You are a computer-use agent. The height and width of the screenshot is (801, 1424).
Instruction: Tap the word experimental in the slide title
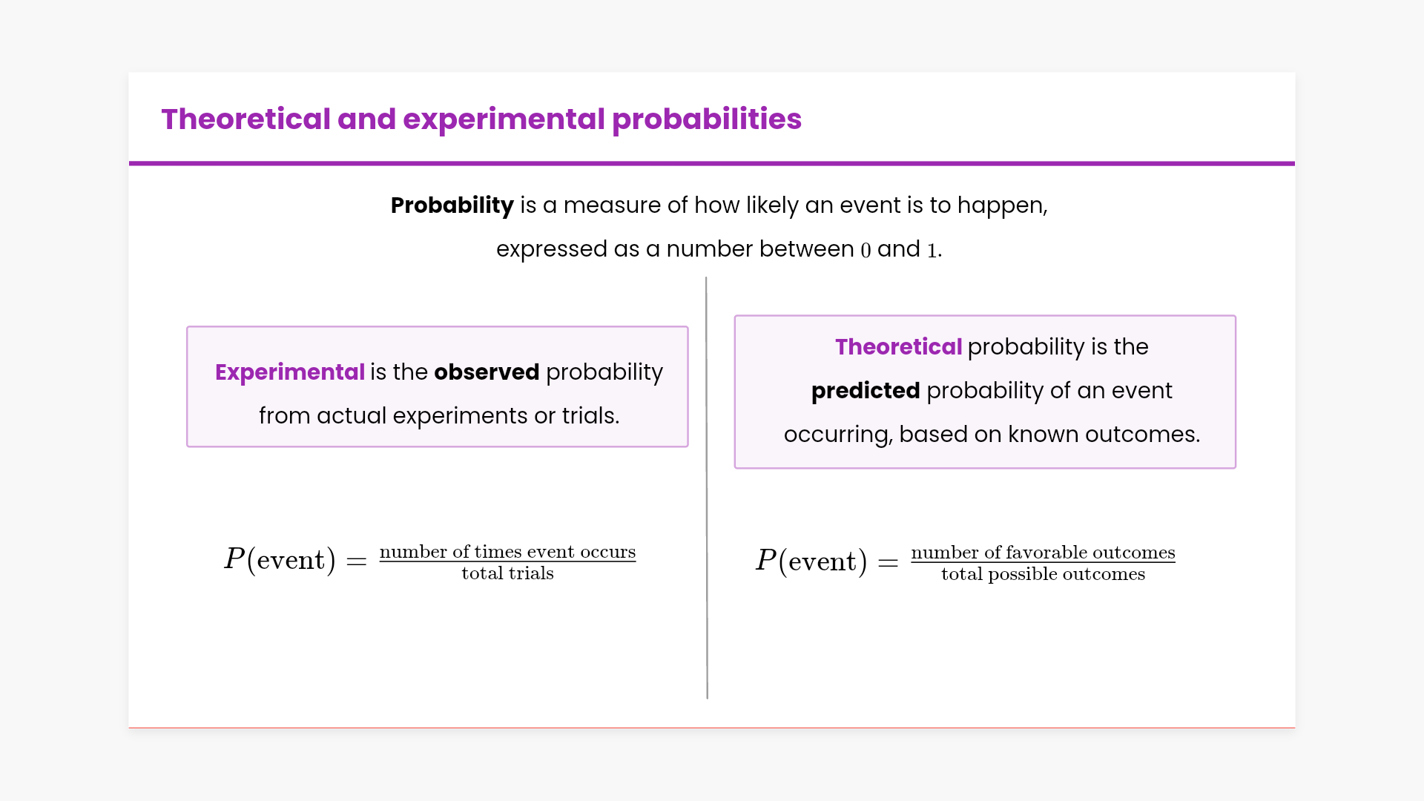click(504, 120)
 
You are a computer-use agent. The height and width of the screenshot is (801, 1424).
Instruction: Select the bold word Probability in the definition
click(452, 205)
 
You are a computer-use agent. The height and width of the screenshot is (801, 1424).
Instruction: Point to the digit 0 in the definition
click(866, 250)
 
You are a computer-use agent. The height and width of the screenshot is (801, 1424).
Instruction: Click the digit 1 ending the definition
click(932, 250)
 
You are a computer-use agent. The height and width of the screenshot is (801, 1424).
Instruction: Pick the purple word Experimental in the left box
click(289, 372)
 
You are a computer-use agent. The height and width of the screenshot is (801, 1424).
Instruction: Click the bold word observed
click(487, 372)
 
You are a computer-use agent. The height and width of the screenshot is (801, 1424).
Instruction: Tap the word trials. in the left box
click(590, 415)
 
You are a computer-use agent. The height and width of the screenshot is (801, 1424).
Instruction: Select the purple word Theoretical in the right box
click(898, 346)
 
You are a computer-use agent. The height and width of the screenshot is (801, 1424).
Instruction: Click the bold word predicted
click(866, 391)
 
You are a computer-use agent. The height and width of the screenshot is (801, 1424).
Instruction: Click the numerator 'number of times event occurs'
click(508, 552)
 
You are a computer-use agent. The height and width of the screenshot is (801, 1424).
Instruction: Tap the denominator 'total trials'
click(508, 573)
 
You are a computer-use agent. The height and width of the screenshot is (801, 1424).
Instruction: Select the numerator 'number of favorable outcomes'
click(1044, 553)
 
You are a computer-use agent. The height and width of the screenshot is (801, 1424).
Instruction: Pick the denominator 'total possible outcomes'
click(1044, 574)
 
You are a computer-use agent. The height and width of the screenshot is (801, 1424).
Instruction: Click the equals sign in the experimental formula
click(357, 561)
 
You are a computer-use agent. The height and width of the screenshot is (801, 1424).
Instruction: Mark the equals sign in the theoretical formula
click(889, 563)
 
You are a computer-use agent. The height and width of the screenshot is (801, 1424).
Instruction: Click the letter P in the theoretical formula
click(765, 560)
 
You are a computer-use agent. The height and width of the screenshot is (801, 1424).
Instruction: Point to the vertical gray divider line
click(707, 488)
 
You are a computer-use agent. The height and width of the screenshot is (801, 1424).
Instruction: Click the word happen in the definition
click(1000, 206)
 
